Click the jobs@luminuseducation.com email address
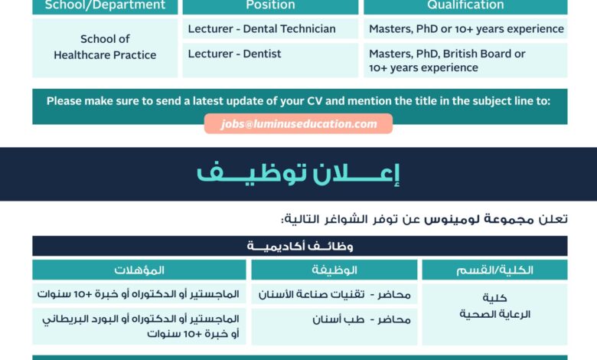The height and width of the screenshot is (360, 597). point(298,124)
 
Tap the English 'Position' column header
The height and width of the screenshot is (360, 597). point(270,5)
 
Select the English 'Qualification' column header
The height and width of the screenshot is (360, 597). point(465,5)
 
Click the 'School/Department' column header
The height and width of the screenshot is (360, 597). point(105,5)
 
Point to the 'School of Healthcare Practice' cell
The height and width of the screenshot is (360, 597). point(105,47)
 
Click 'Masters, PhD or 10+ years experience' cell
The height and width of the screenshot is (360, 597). point(466,29)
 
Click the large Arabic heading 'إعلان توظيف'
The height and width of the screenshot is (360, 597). point(298,175)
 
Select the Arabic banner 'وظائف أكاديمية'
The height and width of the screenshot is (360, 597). point(300,247)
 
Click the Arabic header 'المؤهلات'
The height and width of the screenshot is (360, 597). point(139,270)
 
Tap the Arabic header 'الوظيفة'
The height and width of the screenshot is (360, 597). point(334,270)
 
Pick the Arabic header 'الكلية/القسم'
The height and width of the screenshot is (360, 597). point(494,270)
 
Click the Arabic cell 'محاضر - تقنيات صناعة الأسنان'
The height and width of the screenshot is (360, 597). point(334,294)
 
